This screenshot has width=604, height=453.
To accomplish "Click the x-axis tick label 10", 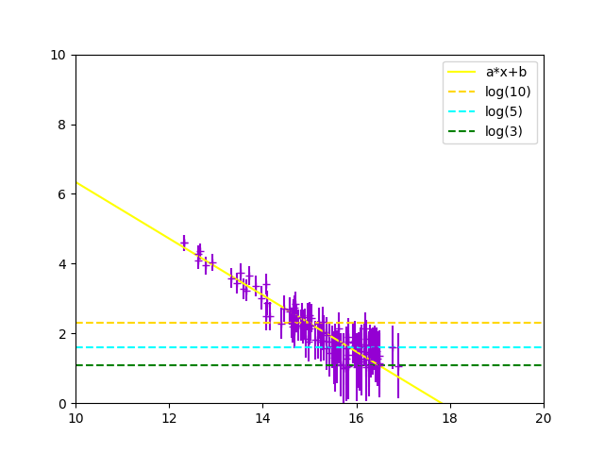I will tap(75, 417).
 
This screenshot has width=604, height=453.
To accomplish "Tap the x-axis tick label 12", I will tap(169, 417).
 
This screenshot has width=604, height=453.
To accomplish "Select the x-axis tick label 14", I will tap(262, 417).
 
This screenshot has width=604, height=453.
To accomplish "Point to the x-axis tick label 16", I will tap(356, 417).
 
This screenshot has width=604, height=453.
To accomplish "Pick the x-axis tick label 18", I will tap(450, 417).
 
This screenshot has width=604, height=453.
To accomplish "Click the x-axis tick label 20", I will tap(544, 417).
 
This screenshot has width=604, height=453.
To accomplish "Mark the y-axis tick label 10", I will tap(59, 55).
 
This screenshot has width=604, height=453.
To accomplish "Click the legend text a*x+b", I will tap(506, 72).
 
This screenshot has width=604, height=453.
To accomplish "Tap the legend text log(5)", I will tap(504, 111).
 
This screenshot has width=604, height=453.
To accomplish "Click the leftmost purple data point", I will tap(184, 243).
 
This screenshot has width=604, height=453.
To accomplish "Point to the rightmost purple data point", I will tap(398, 366).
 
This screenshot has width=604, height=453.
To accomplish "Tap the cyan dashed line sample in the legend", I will tap(463, 111).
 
